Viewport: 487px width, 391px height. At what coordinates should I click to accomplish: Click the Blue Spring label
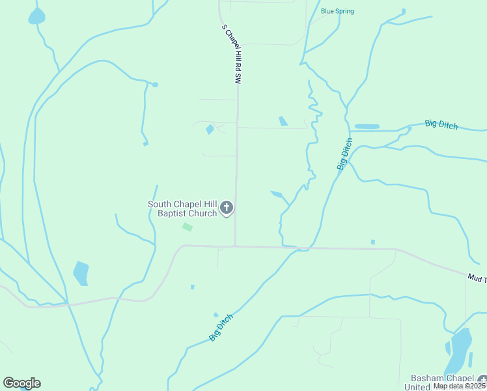[337, 11]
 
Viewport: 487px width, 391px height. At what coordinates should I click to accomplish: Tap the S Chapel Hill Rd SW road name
[231, 54]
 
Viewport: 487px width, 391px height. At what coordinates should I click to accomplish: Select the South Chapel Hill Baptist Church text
[182, 209]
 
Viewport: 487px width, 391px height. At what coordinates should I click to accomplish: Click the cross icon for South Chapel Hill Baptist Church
[227, 208]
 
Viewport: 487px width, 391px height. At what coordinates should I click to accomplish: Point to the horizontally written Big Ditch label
[441, 124]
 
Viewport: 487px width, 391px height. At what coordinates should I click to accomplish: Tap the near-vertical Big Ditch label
[344, 154]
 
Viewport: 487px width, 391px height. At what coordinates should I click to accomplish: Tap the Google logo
[22, 383]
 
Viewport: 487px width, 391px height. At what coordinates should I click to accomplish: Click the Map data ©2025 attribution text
[459, 386]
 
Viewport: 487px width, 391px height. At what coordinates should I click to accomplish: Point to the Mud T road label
[476, 278]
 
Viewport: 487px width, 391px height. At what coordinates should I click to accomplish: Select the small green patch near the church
[188, 227]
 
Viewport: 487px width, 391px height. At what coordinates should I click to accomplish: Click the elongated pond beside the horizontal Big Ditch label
[367, 126]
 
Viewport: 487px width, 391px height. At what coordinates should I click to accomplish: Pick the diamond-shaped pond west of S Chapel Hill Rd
[210, 130]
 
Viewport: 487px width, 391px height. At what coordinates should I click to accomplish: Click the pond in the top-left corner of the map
[36, 17]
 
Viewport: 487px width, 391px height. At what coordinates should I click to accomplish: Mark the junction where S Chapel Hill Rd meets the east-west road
[235, 246]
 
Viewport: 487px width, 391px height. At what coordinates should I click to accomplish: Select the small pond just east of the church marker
[277, 194]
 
